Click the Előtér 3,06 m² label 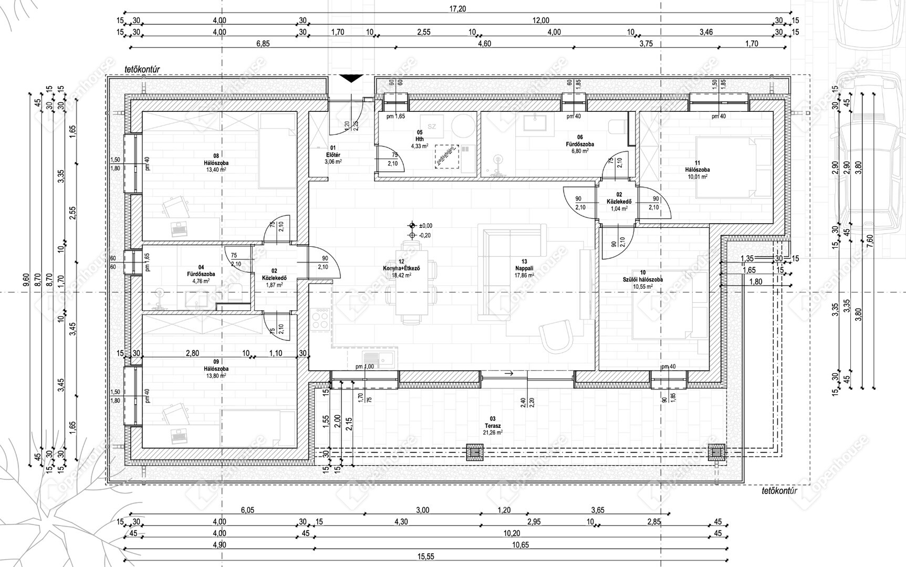(x=333, y=155)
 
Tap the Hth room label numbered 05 (x=420, y=139)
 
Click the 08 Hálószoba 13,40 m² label (x=216, y=163)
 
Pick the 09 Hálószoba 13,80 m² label (x=216, y=369)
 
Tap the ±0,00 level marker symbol (x=412, y=225)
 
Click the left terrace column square (x=475, y=452)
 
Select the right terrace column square (x=716, y=452)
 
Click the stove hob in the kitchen (x=320, y=318)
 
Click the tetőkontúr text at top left (x=142, y=69)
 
